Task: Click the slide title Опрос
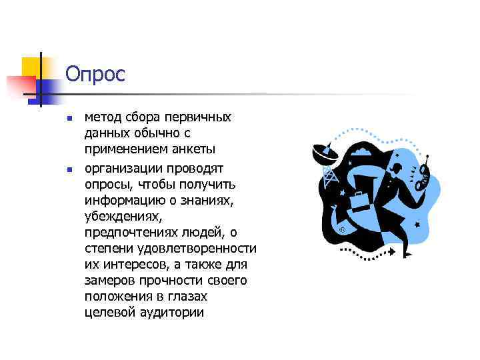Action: pyautogui.click(x=95, y=74)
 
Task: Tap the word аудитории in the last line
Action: pyautogui.click(x=175, y=313)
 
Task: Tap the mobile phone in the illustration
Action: pyautogui.click(x=423, y=174)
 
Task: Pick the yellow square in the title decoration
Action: pyautogui.click(x=31, y=66)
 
